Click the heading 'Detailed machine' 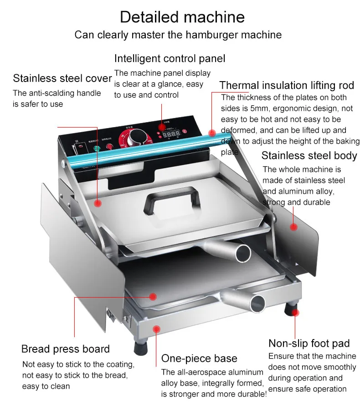(182, 17)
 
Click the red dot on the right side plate (294, 226)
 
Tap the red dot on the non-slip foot (296, 312)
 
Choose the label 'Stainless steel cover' (62, 78)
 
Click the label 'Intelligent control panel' (170, 58)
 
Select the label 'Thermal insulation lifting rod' (287, 85)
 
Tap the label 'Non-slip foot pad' (309, 343)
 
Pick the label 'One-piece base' (199, 358)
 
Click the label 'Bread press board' (66, 349)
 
